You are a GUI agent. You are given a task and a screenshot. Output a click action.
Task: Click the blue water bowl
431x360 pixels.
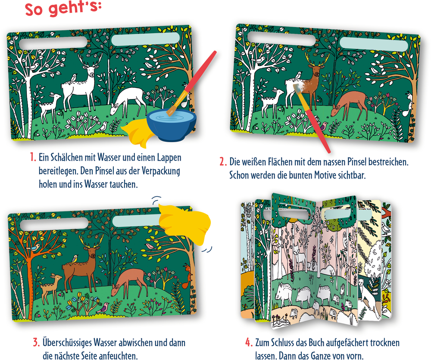[171, 125]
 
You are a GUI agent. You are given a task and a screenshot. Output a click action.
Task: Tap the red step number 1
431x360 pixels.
[33, 157]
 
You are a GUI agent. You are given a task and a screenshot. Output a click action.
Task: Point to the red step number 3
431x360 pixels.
[37, 342]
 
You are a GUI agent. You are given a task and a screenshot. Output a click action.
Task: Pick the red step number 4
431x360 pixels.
[249, 342]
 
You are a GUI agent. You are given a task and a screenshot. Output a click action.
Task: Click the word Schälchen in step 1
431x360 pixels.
[64, 157]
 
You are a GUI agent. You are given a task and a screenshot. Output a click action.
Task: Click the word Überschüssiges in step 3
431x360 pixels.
[67, 343]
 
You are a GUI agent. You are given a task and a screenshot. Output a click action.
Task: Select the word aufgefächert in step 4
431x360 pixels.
[345, 343]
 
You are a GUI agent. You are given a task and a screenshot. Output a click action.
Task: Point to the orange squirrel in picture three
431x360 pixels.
[187, 276]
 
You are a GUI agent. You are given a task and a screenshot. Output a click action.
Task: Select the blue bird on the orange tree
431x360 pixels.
[33, 248]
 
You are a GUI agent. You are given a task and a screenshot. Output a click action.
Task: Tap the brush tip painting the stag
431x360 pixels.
[298, 88]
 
